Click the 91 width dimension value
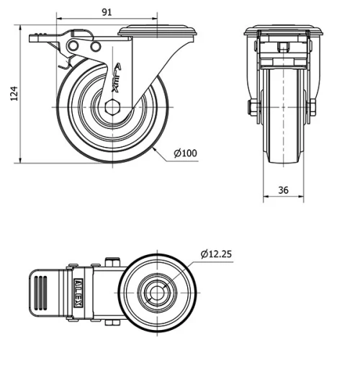(x=106, y=12)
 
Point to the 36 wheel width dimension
(x=283, y=190)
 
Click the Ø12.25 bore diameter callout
(x=216, y=254)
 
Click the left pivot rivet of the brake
(x=72, y=47)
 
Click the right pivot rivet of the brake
(x=94, y=47)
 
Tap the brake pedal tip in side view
(x=32, y=37)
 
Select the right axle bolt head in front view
(x=314, y=109)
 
